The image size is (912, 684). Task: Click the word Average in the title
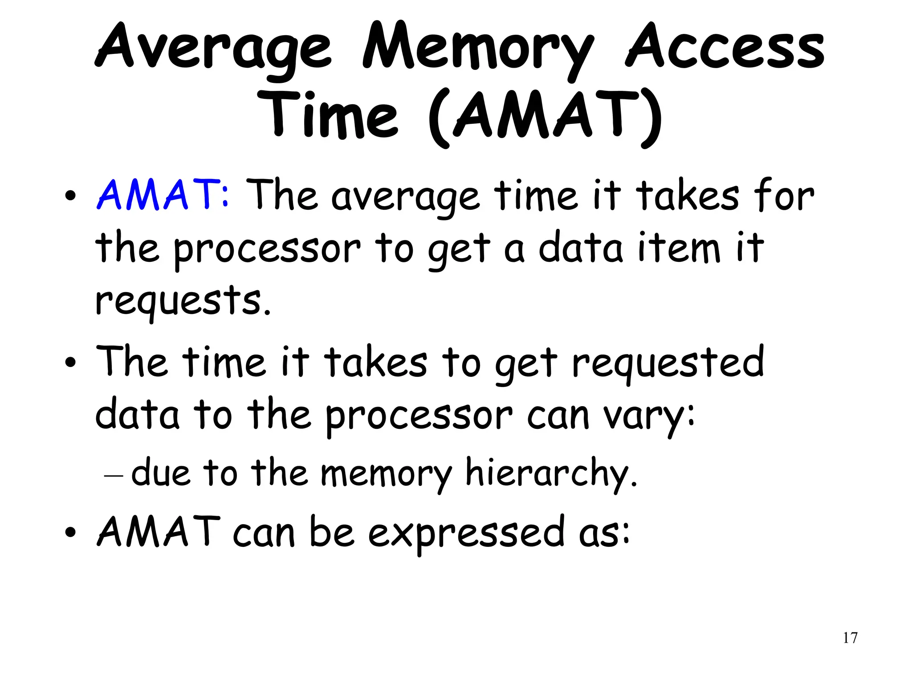click(214, 48)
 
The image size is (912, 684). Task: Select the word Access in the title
click(725, 48)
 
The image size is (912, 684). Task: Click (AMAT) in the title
click(546, 117)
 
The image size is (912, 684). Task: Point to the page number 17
click(850, 638)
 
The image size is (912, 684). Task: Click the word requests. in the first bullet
click(183, 301)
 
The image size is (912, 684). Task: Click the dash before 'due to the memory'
click(113, 476)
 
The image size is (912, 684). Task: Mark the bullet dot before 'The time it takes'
click(70, 363)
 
